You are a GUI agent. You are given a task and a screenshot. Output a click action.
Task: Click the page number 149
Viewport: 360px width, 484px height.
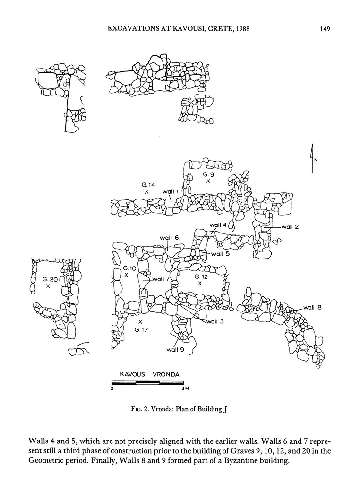coord(324,29)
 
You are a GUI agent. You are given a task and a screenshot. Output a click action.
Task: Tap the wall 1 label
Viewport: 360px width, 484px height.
coord(170,191)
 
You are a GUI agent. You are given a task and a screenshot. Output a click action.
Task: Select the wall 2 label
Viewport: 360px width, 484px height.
coord(290,227)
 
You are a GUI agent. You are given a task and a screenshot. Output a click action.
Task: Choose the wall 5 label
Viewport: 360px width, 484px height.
coord(220,254)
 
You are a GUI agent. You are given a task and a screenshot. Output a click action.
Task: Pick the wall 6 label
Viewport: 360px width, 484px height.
coord(169,238)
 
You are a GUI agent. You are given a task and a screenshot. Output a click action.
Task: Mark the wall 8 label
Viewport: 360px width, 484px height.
coord(312,308)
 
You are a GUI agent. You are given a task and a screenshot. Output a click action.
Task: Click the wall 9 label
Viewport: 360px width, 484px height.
coord(175,350)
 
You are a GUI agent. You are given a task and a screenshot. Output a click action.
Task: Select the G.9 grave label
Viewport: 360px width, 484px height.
coord(209,174)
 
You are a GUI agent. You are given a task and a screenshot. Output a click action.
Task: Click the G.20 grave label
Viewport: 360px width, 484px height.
coord(49,279)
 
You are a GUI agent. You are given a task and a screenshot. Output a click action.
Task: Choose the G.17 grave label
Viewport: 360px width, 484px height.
coord(141,329)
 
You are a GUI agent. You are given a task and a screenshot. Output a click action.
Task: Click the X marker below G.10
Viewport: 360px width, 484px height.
coord(126,275)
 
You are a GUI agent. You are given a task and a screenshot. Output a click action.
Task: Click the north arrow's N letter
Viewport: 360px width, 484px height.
coord(316,160)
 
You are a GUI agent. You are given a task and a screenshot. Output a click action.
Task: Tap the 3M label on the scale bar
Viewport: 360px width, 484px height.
coord(185,389)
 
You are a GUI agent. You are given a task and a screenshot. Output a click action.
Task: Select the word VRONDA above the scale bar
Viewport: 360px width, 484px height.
coord(164,374)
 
